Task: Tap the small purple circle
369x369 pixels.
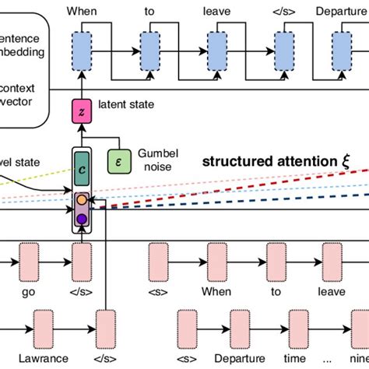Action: (82, 219)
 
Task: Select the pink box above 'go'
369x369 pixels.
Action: (30, 258)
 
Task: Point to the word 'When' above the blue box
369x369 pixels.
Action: (83, 12)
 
